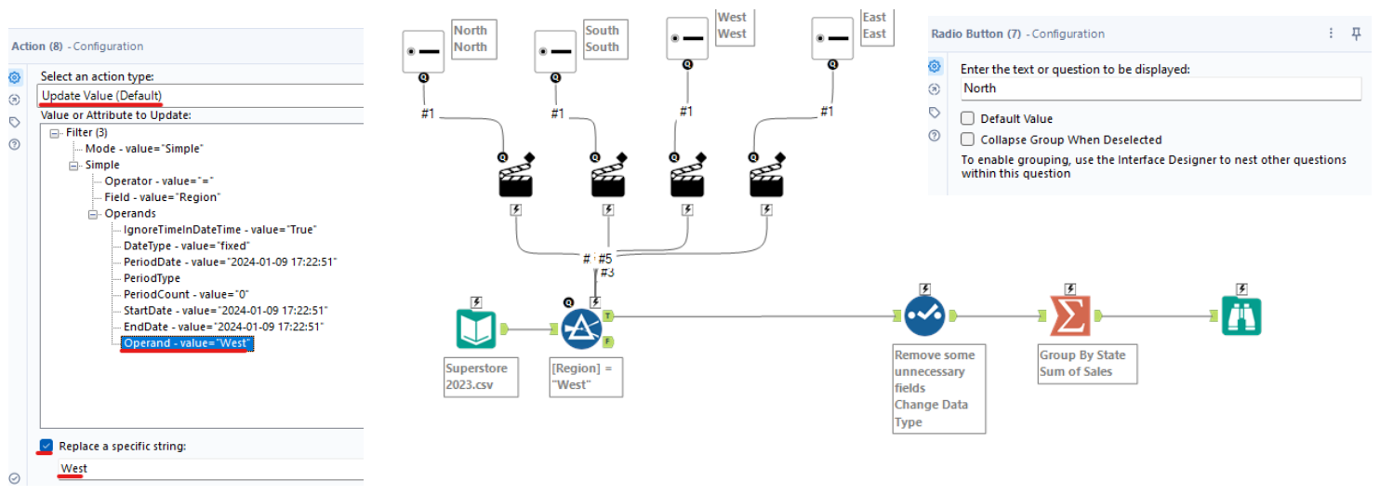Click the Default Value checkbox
pyautogui.click(x=968, y=119)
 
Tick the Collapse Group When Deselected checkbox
pyautogui.click(x=968, y=140)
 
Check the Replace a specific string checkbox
pyautogui.click(x=46, y=446)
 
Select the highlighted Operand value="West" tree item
pyautogui.click(x=187, y=343)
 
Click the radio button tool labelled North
pyautogui.click(x=424, y=51)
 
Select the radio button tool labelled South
pyautogui.click(x=556, y=51)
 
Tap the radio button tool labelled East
pyautogui.click(x=831, y=40)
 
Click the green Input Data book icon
pyautogui.click(x=477, y=328)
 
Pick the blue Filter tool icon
pyautogui.click(x=581, y=328)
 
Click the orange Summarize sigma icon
pyautogui.click(x=1070, y=316)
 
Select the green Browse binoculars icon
pyautogui.click(x=1241, y=316)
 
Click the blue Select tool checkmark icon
pyautogui.click(x=924, y=316)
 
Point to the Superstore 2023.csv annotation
pyautogui.click(x=480, y=376)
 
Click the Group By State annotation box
pyautogui.click(x=1087, y=363)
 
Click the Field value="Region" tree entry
pyautogui.click(x=162, y=197)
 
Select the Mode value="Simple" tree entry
pyautogui.click(x=144, y=149)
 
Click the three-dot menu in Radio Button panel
pyautogui.click(x=1333, y=33)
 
